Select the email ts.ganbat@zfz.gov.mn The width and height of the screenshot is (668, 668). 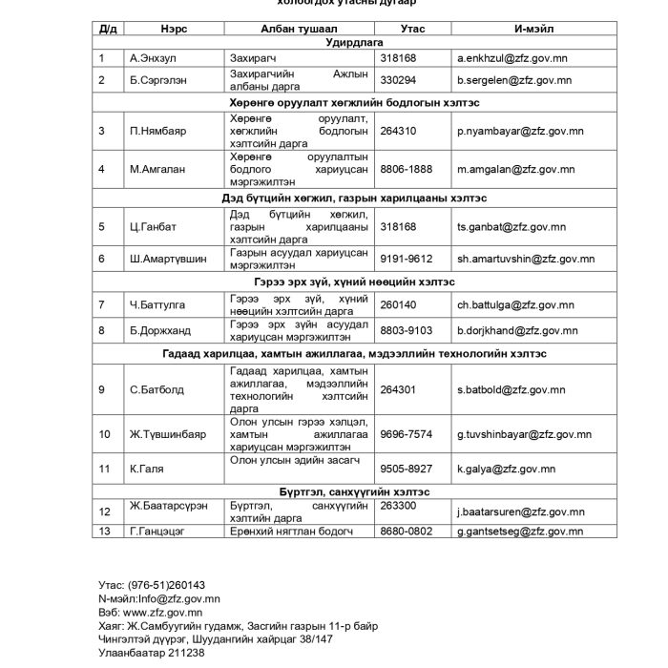coord(505,227)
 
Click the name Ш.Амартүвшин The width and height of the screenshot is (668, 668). coord(168,259)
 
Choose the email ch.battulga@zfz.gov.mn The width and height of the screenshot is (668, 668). coord(515,305)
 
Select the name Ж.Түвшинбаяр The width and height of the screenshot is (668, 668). coord(168,435)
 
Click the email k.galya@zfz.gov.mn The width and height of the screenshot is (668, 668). coord(506,469)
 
